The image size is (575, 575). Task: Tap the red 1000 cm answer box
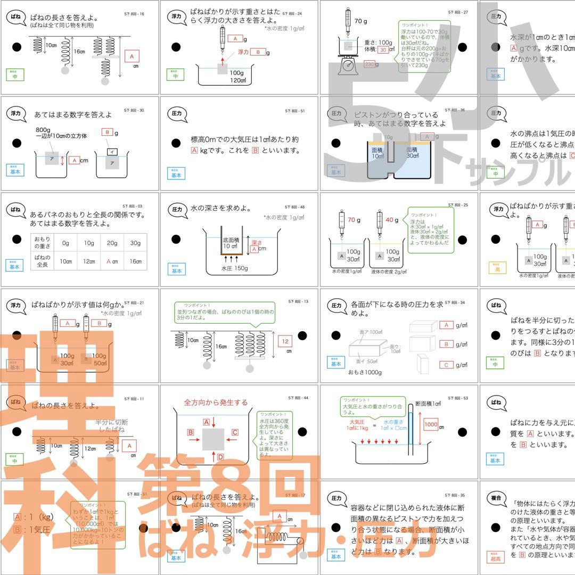pyautogui.click(x=431, y=425)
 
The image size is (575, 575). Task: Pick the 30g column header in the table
pyautogui.click(x=135, y=243)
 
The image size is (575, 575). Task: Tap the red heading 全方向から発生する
pyautogui.click(x=216, y=402)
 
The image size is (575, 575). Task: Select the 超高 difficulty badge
pyautogui.click(x=495, y=557)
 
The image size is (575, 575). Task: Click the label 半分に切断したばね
pyautogui.click(x=111, y=425)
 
